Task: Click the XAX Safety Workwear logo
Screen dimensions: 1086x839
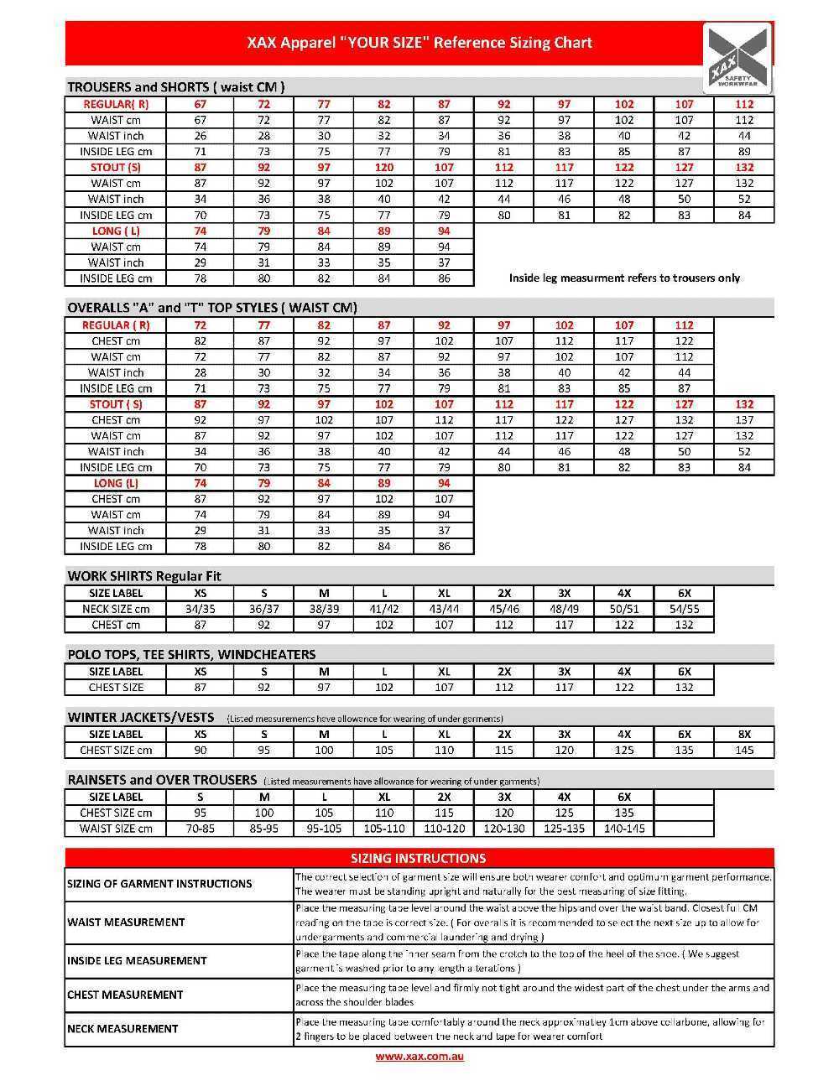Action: click(x=737, y=60)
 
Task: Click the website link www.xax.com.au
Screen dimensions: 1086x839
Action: click(x=419, y=1056)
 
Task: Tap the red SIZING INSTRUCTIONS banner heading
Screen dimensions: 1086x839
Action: click(x=419, y=858)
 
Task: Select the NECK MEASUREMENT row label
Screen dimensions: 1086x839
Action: click(x=122, y=1029)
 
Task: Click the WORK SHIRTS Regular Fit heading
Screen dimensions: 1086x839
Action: click(x=144, y=576)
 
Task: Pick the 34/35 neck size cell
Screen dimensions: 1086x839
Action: click(x=201, y=609)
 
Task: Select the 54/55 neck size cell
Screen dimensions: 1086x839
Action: click(x=685, y=609)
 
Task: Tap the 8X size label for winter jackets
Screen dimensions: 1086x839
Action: click(x=744, y=734)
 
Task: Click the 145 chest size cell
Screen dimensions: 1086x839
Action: click(x=744, y=750)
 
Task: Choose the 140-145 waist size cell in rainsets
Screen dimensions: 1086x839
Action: click(x=624, y=829)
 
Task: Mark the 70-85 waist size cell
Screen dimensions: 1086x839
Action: click(x=201, y=829)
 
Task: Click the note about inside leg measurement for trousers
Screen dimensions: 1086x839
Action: click(x=624, y=278)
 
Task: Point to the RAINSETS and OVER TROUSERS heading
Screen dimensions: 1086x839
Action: click(x=162, y=780)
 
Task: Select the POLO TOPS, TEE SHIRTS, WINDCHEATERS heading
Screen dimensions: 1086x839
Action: click(x=191, y=654)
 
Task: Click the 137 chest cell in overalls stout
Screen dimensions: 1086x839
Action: click(x=744, y=419)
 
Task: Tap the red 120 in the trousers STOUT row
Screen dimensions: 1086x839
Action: click(x=384, y=167)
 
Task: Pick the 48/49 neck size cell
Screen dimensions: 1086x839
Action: click(x=564, y=609)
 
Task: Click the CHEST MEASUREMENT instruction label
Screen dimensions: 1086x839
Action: click(x=125, y=995)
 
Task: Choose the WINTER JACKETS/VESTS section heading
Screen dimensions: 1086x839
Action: click(x=141, y=718)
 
